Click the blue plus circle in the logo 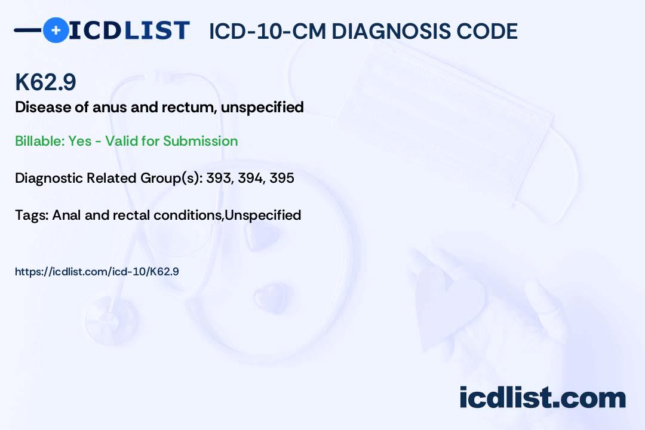tap(56, 30)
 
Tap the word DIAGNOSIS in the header tap(385, 31)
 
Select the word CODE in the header tap(481, 31)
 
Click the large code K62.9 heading tap(45, 82)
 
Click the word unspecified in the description tap(262, 107)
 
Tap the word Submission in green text tap(200, 141)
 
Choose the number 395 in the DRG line tap(282, 178)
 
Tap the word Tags tap(32, 215)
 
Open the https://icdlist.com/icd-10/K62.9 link tap(97, 272)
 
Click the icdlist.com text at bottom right tap(542, 397)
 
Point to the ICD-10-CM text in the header tap(268, 31)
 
